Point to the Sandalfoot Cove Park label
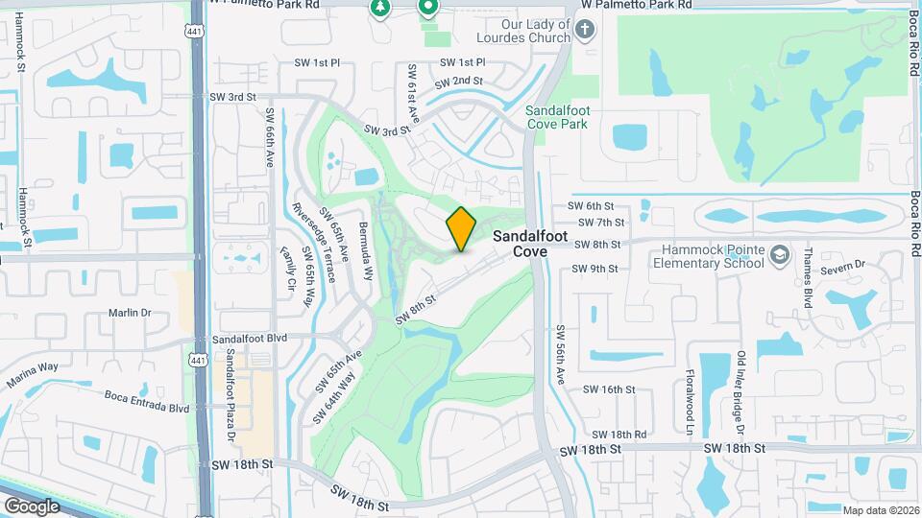coord(557,117)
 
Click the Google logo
coord(32,506)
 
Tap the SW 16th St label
coord(611,389)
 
